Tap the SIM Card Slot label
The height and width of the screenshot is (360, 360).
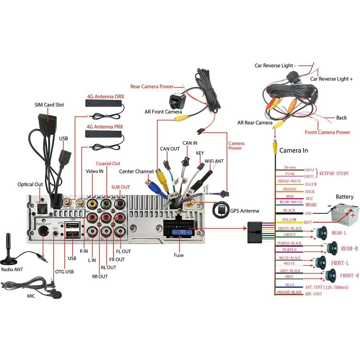(49, 105)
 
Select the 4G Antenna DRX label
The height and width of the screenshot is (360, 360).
(106, 96)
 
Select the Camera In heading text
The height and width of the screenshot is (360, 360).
(293, 150)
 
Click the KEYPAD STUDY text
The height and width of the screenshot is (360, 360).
(334, 173)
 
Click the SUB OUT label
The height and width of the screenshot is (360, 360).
(120, 187)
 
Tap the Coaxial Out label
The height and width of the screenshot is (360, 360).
(108, 163)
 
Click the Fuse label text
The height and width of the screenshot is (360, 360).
(179, 255)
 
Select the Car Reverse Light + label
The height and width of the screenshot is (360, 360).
(331, 79)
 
